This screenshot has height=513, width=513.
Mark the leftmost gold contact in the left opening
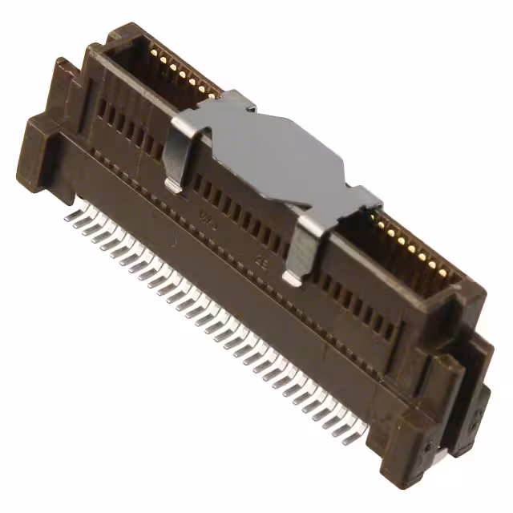152,50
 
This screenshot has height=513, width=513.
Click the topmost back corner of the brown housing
128,29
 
